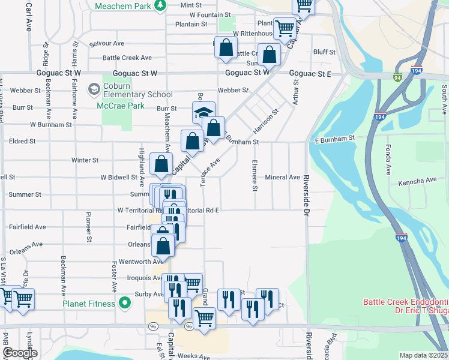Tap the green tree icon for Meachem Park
pyautogui.click(x=160, y=5)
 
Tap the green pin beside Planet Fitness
pyautogui.click(x=125, y=304)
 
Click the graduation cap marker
pyautogui.click(x=203, y=113)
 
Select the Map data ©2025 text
pyautogui.click(x=423, y=355)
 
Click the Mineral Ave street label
pyautogui.click(x=282, y=178)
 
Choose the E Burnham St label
pyautogui.click(x=335, y=138)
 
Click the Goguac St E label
pyautogui.click(x=310, y=73)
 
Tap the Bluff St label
pyautogui.click(x=324, y=52)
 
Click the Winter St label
pyautogui.click(x=85, y=160)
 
